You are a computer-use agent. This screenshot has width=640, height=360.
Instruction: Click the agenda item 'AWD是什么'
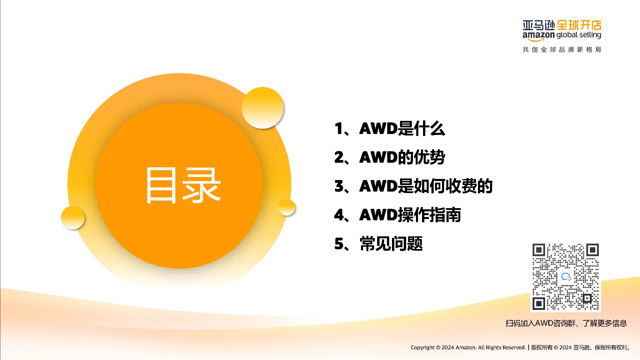click(x=402, y=128)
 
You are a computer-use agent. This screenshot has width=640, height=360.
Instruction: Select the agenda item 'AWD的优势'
click(x=402, y=157)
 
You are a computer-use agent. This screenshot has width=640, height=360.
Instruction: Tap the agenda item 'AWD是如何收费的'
click(x=426, y=186)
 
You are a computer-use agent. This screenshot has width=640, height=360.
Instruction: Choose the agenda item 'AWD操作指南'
click(x=410, y=215)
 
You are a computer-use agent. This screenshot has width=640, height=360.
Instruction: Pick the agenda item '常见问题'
click(x=391, y=244)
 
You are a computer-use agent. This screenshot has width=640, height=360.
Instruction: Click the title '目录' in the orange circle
click(x=183, y=185)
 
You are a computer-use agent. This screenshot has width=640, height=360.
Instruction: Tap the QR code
click(x=566, y=277)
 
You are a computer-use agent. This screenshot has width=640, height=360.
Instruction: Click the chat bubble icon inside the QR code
click(x=566, y=277)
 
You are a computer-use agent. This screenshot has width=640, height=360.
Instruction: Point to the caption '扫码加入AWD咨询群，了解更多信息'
click(x=566, y=323)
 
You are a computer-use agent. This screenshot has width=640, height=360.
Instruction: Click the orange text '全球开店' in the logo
click(x=579, y=25)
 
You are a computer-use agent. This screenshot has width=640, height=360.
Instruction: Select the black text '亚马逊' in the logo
click(x=539, y=25)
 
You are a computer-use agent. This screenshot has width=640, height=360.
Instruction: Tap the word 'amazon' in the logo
click(x=538, y=35)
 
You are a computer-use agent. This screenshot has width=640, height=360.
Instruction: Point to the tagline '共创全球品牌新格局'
click(x=562, y=50)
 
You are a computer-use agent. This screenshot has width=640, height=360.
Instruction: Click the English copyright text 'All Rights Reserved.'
click(x=502, y=347)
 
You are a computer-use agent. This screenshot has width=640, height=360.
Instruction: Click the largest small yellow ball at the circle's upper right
click(x=263, y=108)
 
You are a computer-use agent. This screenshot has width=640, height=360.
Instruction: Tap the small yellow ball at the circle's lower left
click(x=73, y=217)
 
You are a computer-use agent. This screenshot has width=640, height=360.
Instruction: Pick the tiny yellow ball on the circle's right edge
click(x=287, y=207)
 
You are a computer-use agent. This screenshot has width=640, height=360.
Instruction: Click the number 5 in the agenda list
click(x=339, y=244)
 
